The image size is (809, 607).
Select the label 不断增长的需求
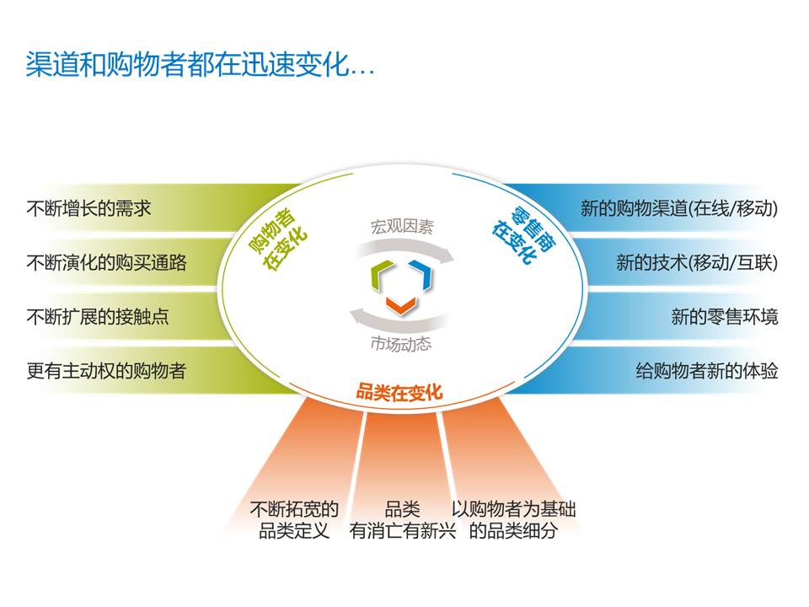coord(88,208)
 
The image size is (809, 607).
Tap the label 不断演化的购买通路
coord(107,262)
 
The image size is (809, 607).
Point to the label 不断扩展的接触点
coord(98,316)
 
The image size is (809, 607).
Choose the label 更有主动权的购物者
coord(107,371)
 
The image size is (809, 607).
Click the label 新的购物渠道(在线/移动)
coord(679,208)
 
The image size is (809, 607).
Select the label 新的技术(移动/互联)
coord(697,262)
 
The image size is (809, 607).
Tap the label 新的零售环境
coord(725,316)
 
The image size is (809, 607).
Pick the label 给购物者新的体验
coord(707,371)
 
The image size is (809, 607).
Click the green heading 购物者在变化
coord(277,239)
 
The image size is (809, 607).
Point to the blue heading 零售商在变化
coord(523,234)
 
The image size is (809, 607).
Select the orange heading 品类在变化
coord(399,392)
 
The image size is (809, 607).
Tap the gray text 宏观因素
coord(403,226)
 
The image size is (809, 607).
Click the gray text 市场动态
coord(401,343)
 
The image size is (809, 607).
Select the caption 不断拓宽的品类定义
coord(294,520)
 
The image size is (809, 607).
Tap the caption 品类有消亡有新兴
coord(403,520)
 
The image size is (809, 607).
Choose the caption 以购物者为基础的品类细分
coord(513,520)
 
